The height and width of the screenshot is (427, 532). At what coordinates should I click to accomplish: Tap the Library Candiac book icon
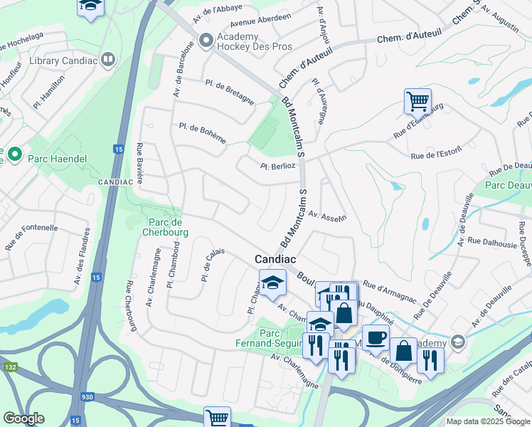(x=108, y=60)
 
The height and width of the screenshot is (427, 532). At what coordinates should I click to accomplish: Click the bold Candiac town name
(x=276, y=260)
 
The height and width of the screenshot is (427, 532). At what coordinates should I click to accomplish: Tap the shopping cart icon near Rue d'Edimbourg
(x=417, y=101)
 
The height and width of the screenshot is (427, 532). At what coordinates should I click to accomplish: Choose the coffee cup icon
(x=375, y=337)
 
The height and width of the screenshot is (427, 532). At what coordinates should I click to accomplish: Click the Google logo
(x=24, y=418)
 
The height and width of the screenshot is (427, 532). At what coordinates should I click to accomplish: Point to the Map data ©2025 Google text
(x=488, y=421)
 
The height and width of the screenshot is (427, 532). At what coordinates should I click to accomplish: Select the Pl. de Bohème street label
(x=203, y=132)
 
